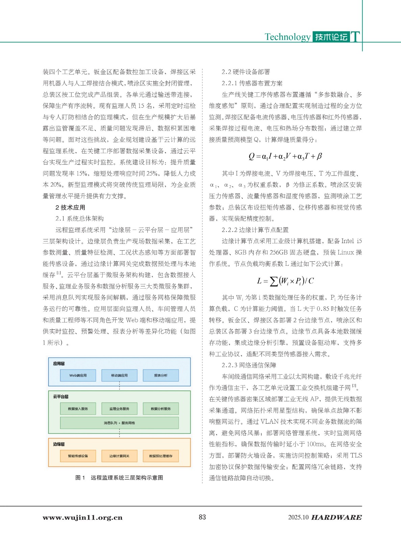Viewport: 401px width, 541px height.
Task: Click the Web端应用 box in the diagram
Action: click(x=78, y=375)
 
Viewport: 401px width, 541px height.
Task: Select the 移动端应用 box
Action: click(x=120, y=375)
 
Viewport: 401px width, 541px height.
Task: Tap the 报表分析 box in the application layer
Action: click(x=161, y=375)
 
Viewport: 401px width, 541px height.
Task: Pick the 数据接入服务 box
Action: click(x=78, y=409)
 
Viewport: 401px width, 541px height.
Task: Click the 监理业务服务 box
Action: click(x=120, y=409)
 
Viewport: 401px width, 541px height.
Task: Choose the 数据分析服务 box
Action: click(x=161, y=409)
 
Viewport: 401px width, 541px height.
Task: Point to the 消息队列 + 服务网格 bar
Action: click(x=120, y=423)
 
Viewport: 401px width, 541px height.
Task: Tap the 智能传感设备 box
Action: click(x=78, y=456)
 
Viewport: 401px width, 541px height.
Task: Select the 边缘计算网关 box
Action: click(x=120, y=456)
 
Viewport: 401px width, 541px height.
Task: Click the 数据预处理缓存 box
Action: click(x=161, y=456)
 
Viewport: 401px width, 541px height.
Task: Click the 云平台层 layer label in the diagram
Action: click(x=61, y=397)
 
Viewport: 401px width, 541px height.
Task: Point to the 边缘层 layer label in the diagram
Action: click(x=59, y=444)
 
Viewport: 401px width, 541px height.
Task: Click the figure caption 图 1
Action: click(x=80, y=478)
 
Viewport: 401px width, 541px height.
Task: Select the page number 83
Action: click(x=202, y=517)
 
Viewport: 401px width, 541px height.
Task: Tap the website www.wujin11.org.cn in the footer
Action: click(x=82, y=518)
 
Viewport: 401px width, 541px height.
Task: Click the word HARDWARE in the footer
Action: click(x=336, y=517)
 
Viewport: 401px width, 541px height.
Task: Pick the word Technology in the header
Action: click(x=287, y=37)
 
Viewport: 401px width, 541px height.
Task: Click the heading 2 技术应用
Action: click(x=70, y=207)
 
